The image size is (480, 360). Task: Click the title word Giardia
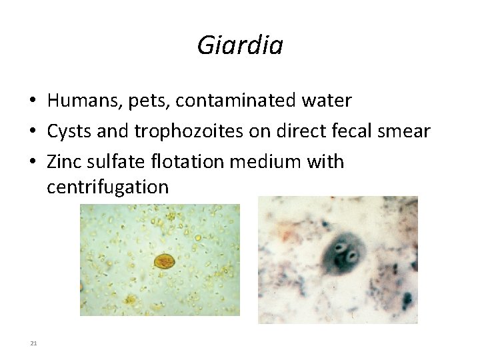click(x=240, y=45)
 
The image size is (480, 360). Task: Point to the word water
click(x=325, y=101)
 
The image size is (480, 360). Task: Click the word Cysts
click(x=69, y=131)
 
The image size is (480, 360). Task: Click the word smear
click(x=407, y=131)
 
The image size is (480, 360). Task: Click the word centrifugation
click(x=107, y=187)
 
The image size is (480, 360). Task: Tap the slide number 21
click(x=33, y=343)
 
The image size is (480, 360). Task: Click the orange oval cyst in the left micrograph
click(x=164, y=261)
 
